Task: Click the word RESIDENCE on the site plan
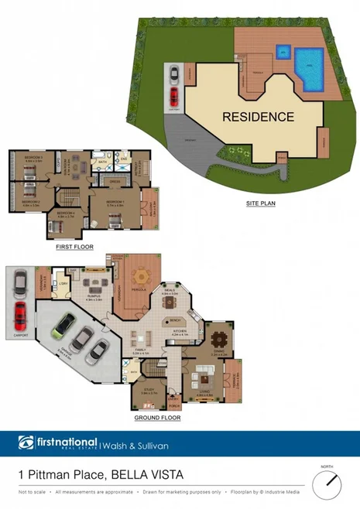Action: tap(259, 118)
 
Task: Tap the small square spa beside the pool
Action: tap(283, 53)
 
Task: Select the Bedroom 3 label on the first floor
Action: tap(33, 158)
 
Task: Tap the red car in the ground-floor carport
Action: tap(20, 316)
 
